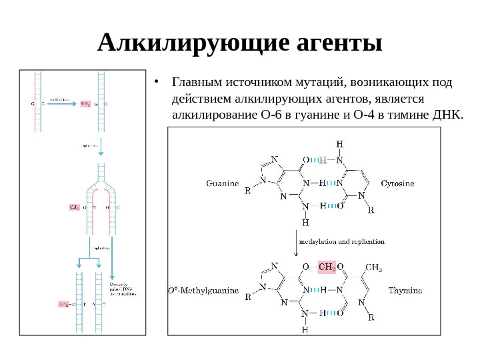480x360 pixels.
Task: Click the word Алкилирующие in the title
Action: tap(193, 44)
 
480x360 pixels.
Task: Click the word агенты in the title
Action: tap(337, 44)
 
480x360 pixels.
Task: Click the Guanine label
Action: tap(223, 183)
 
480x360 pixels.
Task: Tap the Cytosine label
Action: tap(397, 183)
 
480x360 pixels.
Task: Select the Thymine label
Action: tap(405, 291)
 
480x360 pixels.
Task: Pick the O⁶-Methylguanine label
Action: tap(203, 291)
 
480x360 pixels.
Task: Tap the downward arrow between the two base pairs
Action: tap(295, 243)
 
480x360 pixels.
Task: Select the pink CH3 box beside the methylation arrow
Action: tap(85, 104)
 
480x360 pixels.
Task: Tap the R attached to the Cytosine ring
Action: tap(371, 209)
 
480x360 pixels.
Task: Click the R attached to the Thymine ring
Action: tap(371, 317)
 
